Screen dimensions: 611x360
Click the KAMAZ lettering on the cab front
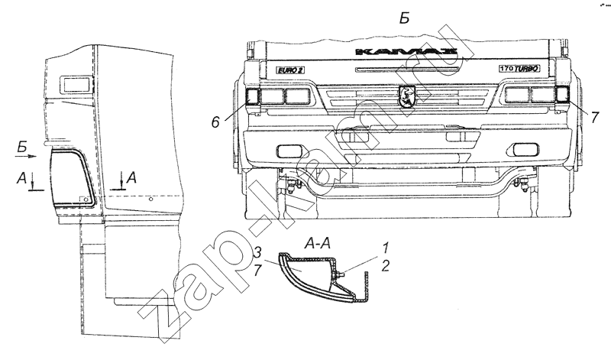(x=407, y=52)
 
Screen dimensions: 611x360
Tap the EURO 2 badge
(x=290, y=70)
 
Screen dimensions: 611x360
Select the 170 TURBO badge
(x=519, y=69)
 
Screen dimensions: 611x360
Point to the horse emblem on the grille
(x=407, y=96)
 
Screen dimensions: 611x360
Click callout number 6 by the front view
(x=215, y=122)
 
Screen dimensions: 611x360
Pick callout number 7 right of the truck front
(x=594, y=117)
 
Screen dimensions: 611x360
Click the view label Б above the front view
(x=405, y=18)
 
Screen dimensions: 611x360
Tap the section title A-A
(x=317, y=244)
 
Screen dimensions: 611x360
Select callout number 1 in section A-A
(x=386, y=248)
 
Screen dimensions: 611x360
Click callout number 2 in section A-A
(x=385, y=266)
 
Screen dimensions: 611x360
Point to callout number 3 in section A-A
(x=257, y=251)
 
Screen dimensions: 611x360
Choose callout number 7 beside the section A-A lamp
(x=257, y=271)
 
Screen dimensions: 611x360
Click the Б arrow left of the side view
(x=27, y=156)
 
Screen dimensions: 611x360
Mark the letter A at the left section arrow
(x=22, y=179)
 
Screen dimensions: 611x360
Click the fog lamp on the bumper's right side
(x=524, y=149)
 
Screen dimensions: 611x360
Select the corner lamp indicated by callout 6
(x=253, y=96)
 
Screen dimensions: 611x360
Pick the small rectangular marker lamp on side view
(x=76, y=84)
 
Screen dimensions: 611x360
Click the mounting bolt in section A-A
(x=338, y=274)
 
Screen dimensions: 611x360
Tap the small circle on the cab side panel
(x=150, y=199)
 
